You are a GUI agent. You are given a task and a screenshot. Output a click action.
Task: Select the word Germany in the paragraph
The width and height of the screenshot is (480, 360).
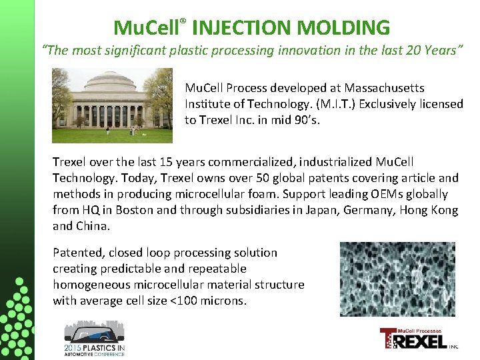(x=363, y=210)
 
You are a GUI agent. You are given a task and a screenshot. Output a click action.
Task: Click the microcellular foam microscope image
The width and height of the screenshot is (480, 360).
(x=397, y=279)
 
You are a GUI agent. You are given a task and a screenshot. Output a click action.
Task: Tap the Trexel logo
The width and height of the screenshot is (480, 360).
(x=418, y=339)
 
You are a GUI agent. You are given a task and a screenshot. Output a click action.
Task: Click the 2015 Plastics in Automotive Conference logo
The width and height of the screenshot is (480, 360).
(x=94, y=338)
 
